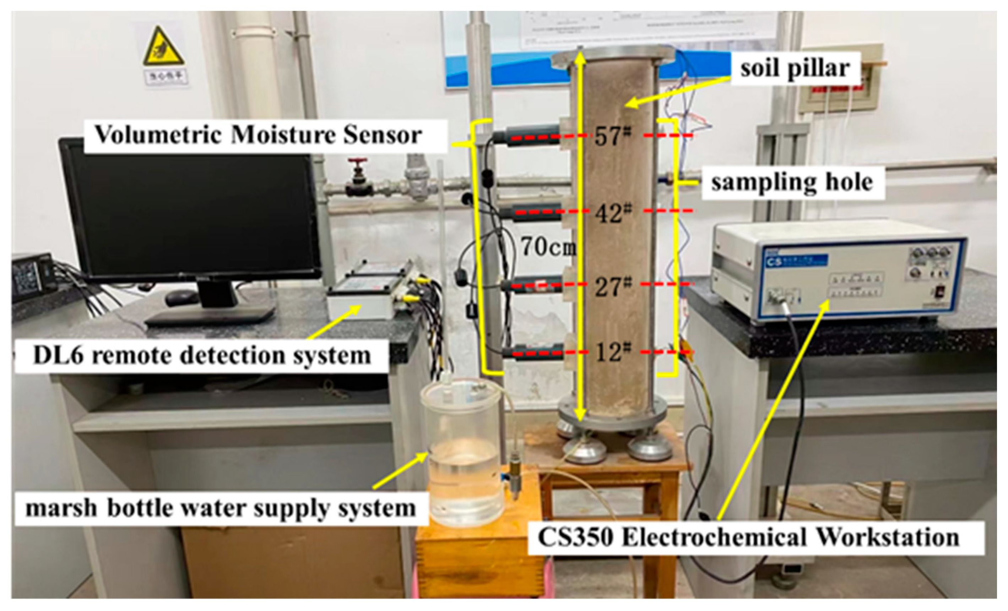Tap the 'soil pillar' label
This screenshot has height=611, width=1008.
click(795, 68)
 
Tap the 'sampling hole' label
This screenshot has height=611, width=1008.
click(792, 182)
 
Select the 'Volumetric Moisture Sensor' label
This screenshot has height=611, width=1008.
click(258, 135)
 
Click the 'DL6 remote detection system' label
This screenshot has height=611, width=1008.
click(202, 355)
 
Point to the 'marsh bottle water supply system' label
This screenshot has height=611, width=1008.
click(221, 508)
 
